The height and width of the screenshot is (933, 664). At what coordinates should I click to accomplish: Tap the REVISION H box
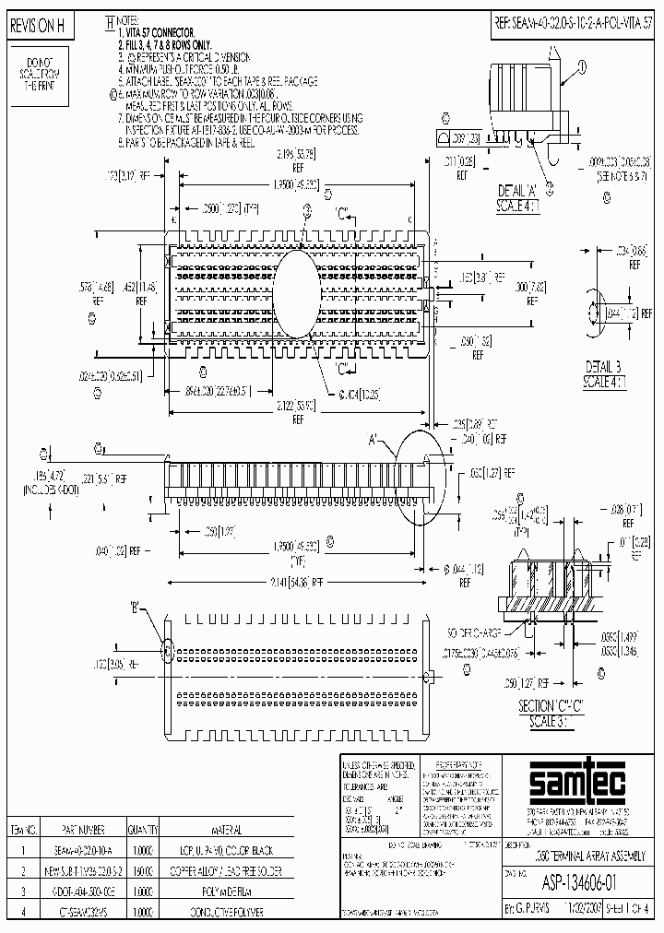[x=37, y=27]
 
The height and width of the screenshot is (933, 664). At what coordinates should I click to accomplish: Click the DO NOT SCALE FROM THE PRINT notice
[x=37, y=73]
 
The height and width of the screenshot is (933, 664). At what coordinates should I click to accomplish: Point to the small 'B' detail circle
[x=168, y=650]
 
